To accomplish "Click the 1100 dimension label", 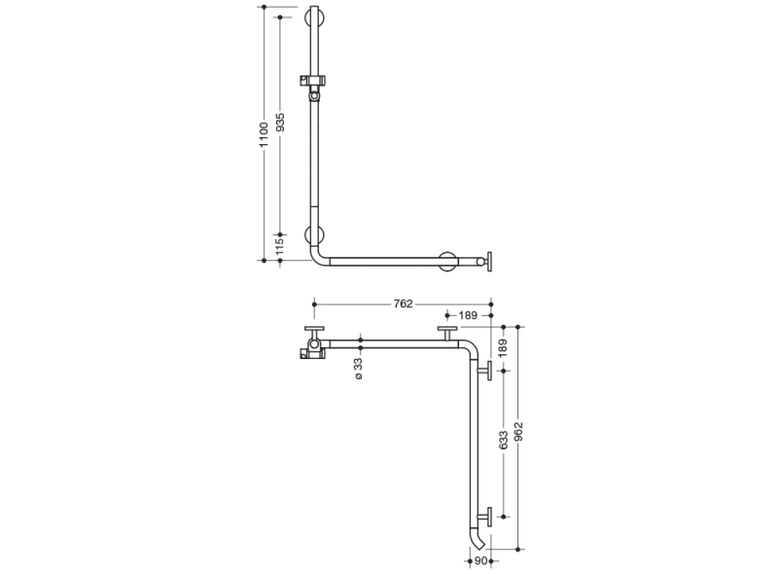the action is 264,133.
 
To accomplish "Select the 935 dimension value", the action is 280,123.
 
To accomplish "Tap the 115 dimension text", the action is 280,246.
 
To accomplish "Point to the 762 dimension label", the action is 403,304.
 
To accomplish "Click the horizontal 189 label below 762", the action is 468,315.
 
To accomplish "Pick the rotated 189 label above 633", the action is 503,347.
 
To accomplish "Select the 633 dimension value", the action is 503,441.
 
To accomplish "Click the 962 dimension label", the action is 518,432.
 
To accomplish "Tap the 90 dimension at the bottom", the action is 480,561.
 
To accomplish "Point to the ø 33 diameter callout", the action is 359,369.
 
